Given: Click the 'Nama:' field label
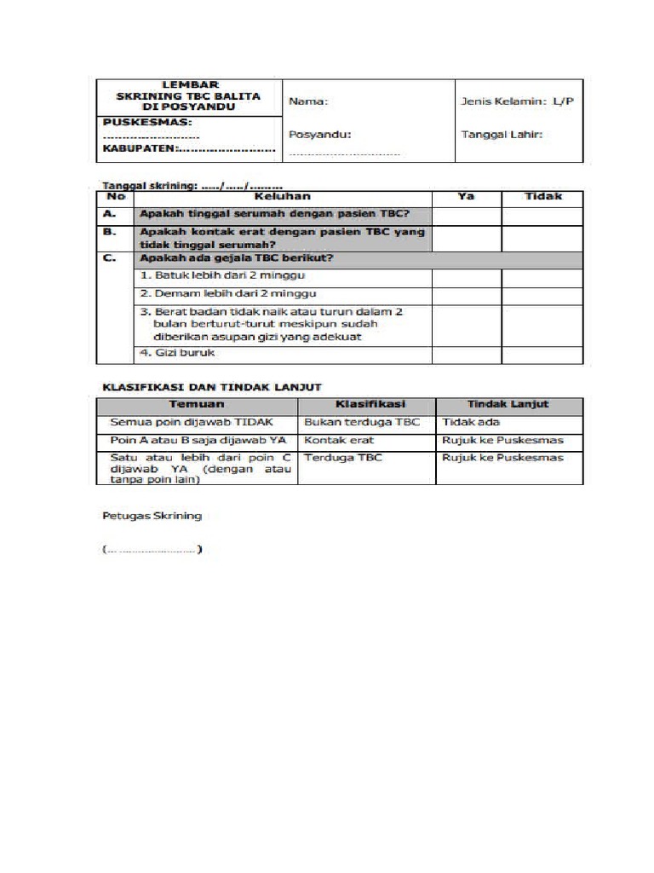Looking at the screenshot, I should pos(308,101).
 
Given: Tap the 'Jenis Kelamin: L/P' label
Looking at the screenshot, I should pos(517,101).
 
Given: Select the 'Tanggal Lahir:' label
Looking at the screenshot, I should pos(502,134).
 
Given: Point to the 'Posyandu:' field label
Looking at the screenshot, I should pos(319,134).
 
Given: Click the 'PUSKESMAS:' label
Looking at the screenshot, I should pos(141,123).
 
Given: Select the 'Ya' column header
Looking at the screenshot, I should pos(466,197).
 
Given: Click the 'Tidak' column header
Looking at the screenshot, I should pos(542,197).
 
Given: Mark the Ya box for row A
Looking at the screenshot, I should pos(466,216).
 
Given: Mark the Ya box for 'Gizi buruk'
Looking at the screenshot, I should pos(466,354).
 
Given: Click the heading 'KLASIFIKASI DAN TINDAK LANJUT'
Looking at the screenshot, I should pos(211,387).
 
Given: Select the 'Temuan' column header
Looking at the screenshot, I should pos(197,405).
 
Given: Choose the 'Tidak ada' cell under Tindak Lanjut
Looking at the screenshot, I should pos(471,423).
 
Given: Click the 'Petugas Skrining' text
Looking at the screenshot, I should pos(152,516).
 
